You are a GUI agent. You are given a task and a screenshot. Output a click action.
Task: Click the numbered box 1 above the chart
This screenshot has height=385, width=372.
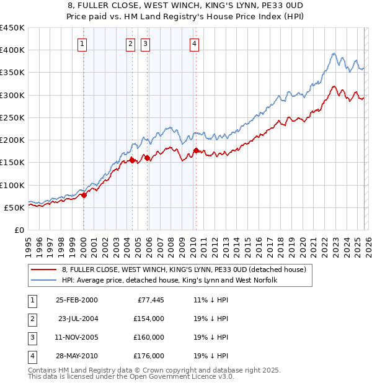(82, 43)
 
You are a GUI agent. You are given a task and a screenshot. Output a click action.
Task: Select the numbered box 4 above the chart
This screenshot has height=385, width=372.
(195, 43)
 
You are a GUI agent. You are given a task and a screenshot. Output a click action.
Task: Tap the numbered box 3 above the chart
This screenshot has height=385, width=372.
(145, 43)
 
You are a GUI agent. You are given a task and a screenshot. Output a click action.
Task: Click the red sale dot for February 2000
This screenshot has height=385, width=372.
(84, 195)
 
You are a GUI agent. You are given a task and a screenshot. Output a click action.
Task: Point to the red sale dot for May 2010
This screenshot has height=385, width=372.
(196, 150)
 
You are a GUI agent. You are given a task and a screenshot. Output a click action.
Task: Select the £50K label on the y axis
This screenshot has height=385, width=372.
(14, 207)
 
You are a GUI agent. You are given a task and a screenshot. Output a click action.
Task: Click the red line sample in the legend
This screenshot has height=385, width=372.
(43, 270)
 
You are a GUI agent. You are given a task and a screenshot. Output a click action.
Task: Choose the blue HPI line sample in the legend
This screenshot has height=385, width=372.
(43, 281)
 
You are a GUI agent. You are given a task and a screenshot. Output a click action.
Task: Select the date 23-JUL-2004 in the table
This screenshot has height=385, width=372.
(77, 319)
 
